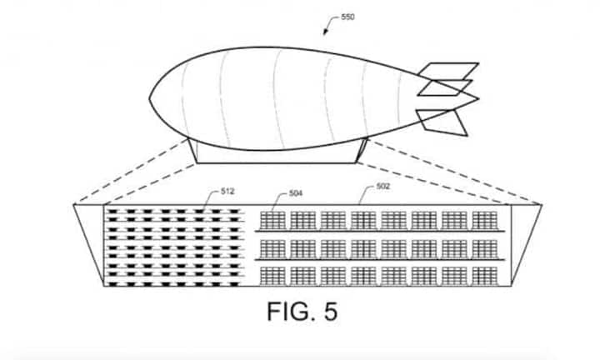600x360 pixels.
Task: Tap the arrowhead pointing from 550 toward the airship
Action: [x=326, y=32]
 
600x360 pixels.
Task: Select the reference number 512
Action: [x=227, y=191]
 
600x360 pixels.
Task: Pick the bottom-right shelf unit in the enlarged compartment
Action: [x=484, y=274]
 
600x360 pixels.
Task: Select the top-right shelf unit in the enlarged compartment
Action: [x=484, y=219]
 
